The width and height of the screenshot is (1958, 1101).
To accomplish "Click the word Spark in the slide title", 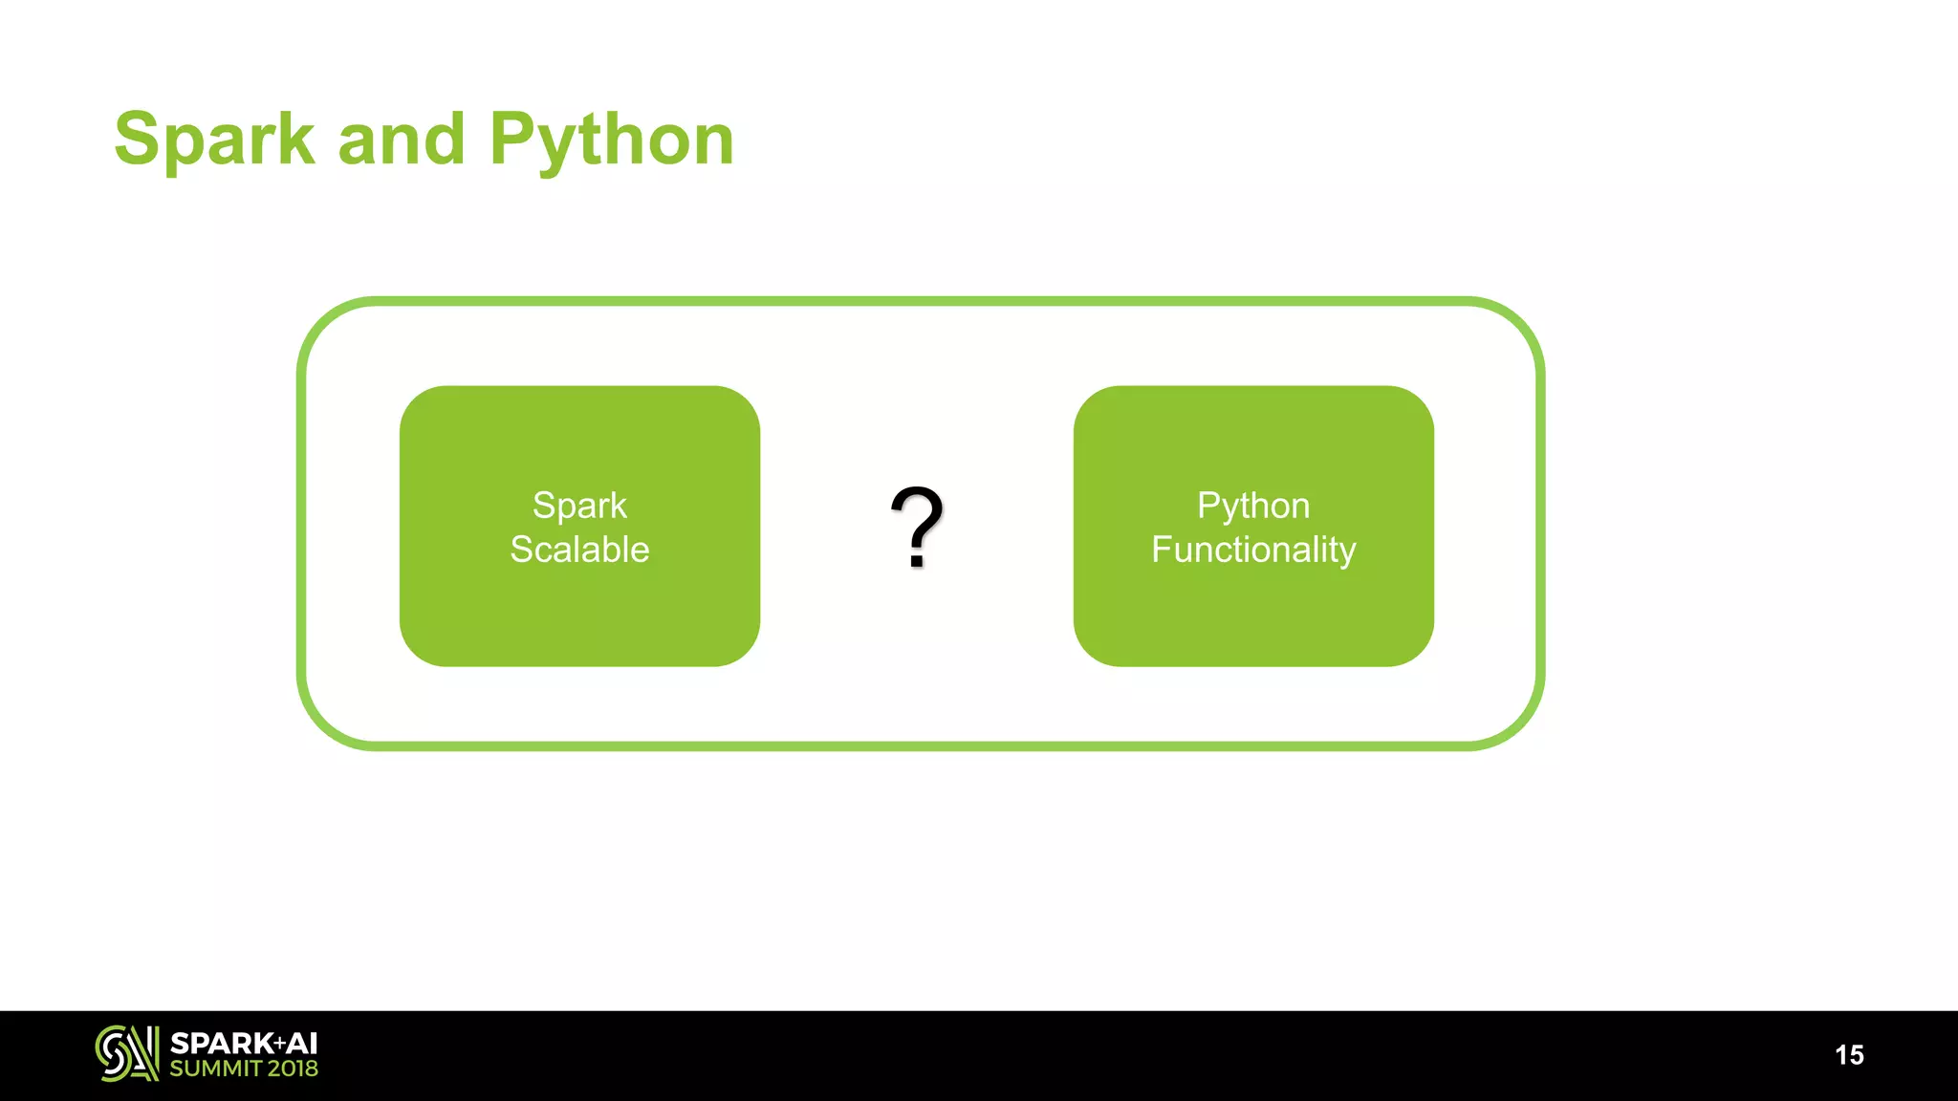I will click(x=214, y=140).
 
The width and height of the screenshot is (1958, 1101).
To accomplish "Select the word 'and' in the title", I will click(x=402, y=140).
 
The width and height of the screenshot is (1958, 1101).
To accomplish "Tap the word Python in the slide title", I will click(x=612, y=140).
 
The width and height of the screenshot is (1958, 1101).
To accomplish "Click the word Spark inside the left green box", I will click(x=579, y=506).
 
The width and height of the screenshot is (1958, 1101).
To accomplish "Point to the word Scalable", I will click(x=579, y=550).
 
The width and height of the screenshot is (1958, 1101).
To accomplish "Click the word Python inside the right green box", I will click(x=1253, y=506).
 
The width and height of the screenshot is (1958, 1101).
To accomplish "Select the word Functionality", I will click(x=1253, y=550).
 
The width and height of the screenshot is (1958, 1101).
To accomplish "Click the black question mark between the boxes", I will click(x=917, y=521).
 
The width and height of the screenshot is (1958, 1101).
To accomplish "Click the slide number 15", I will click(x=1849, y=1055).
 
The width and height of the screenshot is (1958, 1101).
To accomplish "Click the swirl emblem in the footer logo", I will click(x=126, y=1053).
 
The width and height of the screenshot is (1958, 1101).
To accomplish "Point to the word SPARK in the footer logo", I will click(x=221, y=1044).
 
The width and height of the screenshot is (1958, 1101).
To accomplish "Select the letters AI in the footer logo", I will click(x=302, y=1044).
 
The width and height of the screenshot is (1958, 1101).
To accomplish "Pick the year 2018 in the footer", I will click(x=293, y=1069).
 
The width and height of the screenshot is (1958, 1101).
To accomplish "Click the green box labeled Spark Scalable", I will click(x=579, y=612).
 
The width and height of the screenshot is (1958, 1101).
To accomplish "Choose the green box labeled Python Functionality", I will click(x=1253, y=612).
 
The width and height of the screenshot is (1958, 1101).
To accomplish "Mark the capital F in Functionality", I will click(x=1161, y=550).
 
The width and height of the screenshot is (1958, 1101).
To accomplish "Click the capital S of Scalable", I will click(x=521, y=550).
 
